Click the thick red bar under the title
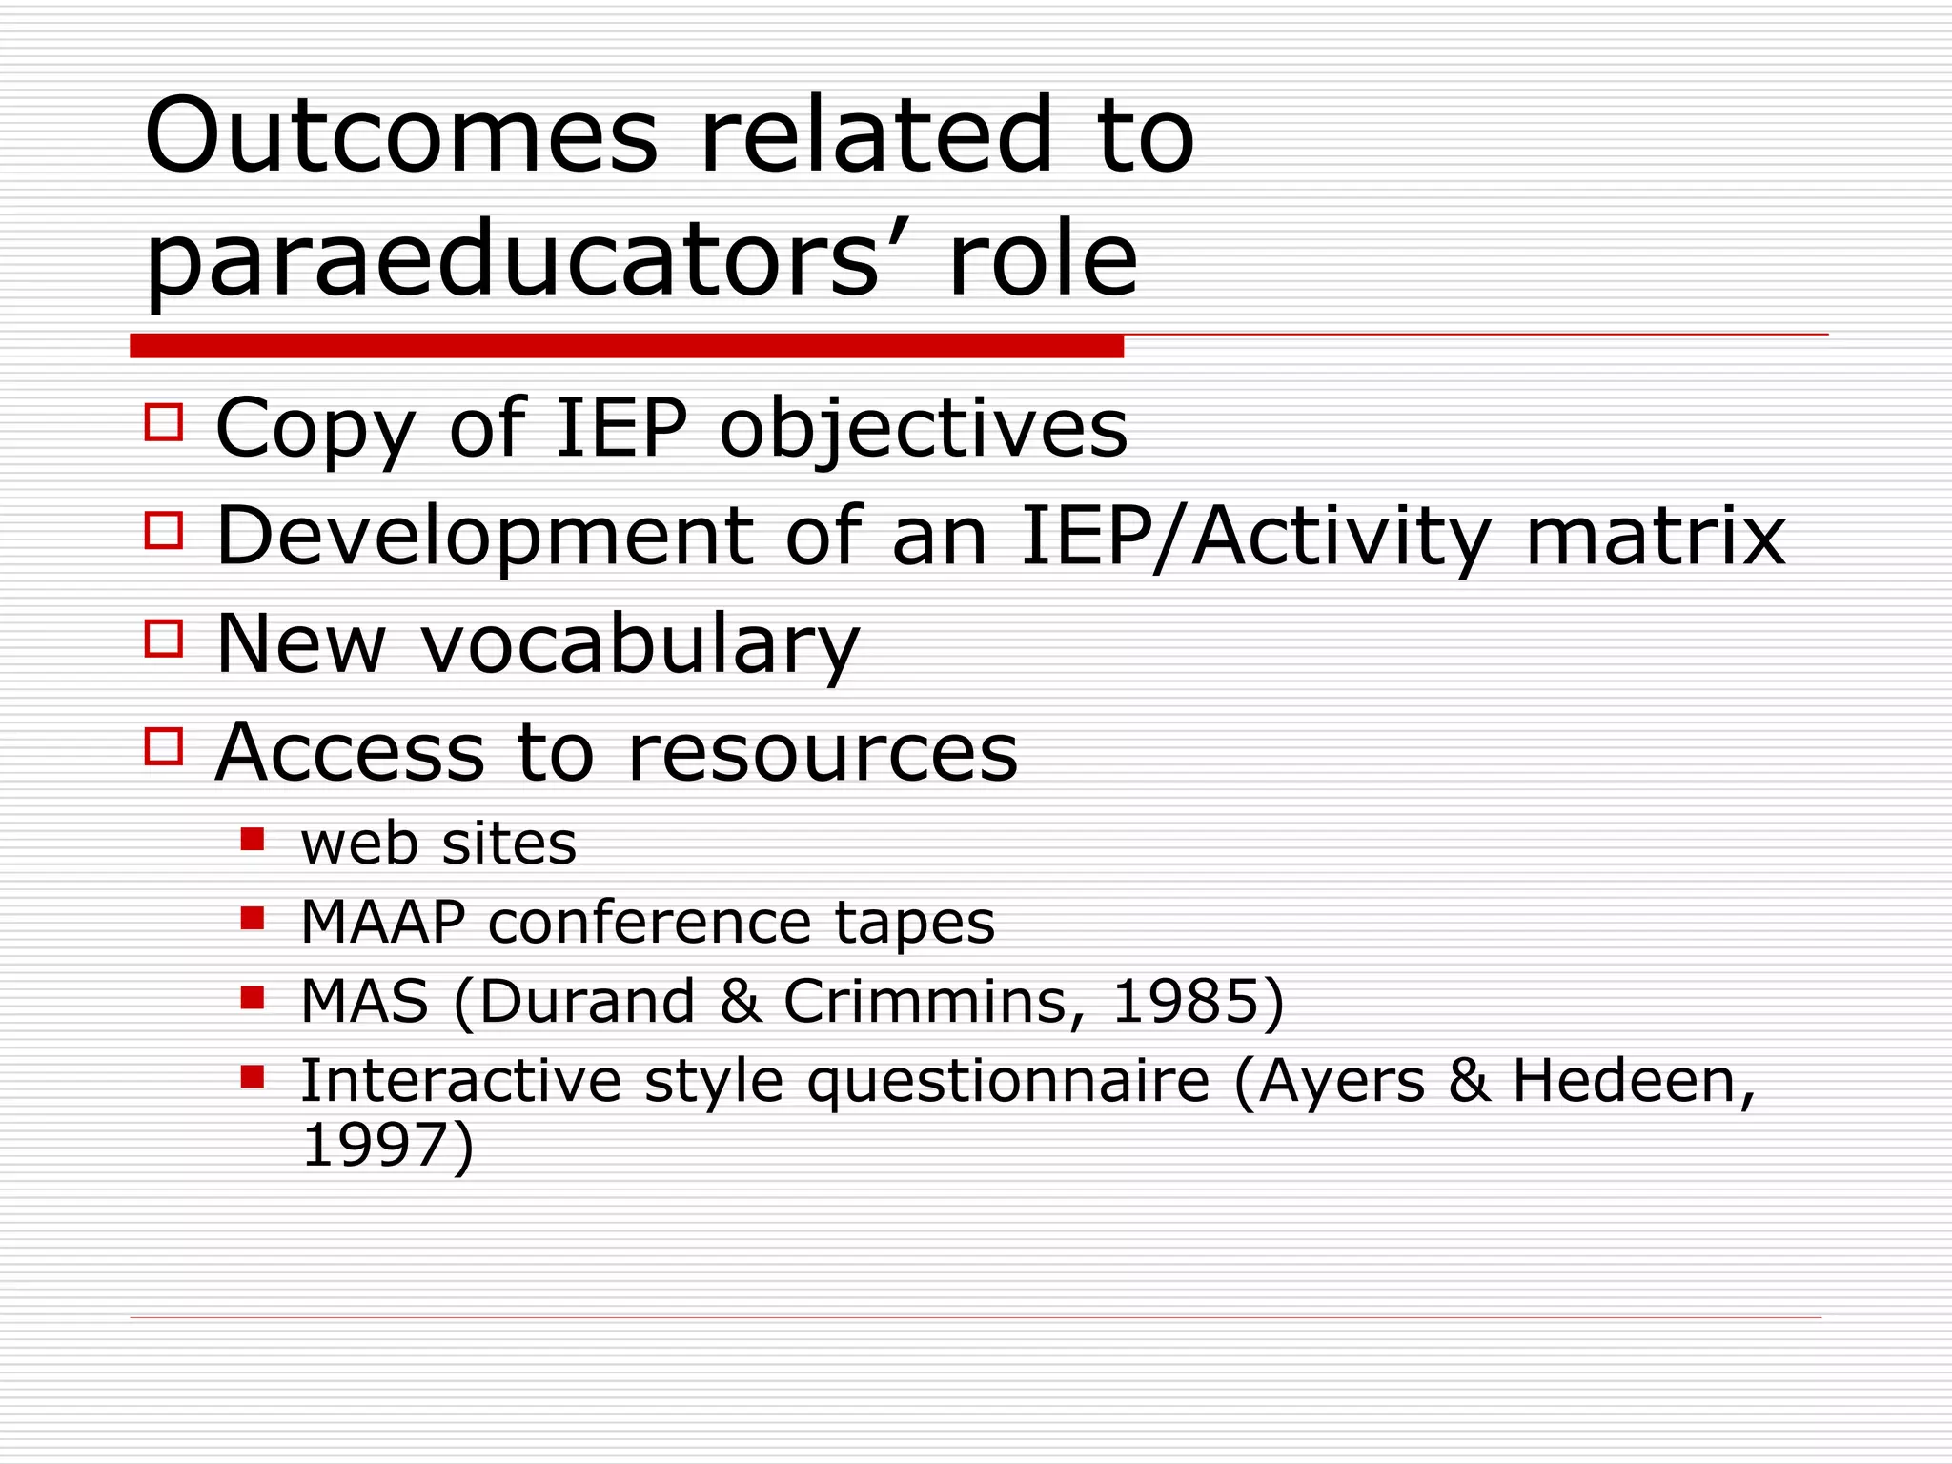tap(626, 346)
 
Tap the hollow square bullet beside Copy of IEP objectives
tap(164, 421)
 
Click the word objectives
tap(923, 429)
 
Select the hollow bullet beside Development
tap(164, 529)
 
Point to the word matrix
tap(1656, 537)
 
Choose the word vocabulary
tap(640, 645)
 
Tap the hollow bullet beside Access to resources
tap(164, 746)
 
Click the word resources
tap(823, 753)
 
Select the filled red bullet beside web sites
tap(253, 839)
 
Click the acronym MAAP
tap(383, 922)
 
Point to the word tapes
tap(914, 924)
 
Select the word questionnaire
tap(1008, 1082)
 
